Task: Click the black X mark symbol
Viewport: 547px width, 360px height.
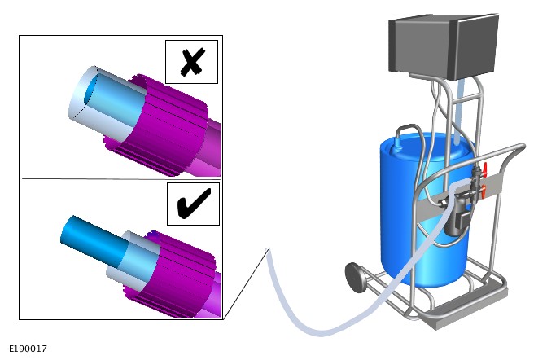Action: point(192,63)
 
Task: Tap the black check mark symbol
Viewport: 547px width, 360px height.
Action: point(194,204)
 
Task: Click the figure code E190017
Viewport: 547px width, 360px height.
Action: point(28,349)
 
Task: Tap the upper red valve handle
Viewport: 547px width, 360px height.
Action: point(485,170)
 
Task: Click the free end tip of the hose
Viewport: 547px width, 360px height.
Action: point(268,250)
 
